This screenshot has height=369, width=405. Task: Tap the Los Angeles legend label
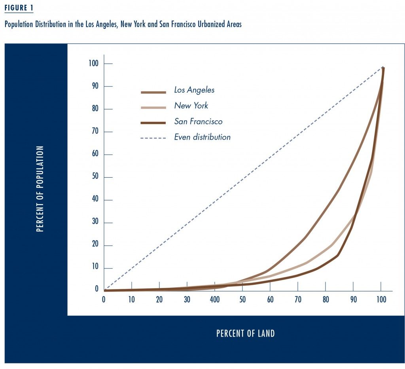(x=194, y=90)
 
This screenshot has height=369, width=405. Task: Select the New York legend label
(x=191, y=106)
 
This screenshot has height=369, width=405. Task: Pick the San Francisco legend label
(x=198, y=122)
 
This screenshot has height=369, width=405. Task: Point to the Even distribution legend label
(x=202, y=138)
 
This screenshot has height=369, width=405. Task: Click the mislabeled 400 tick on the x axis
(x=215, y=300)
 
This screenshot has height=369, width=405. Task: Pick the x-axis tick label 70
(x=298, y=300)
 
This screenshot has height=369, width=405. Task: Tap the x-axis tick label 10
(x=132, y=300)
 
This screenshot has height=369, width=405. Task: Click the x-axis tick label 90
(x=353, y=300)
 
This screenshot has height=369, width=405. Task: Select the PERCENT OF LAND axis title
(x=245, y=333)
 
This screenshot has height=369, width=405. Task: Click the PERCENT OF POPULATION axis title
(x=40, y=189)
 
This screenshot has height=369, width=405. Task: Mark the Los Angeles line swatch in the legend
(x=153, y=93)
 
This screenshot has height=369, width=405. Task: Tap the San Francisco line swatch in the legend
(x=153, y=123)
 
